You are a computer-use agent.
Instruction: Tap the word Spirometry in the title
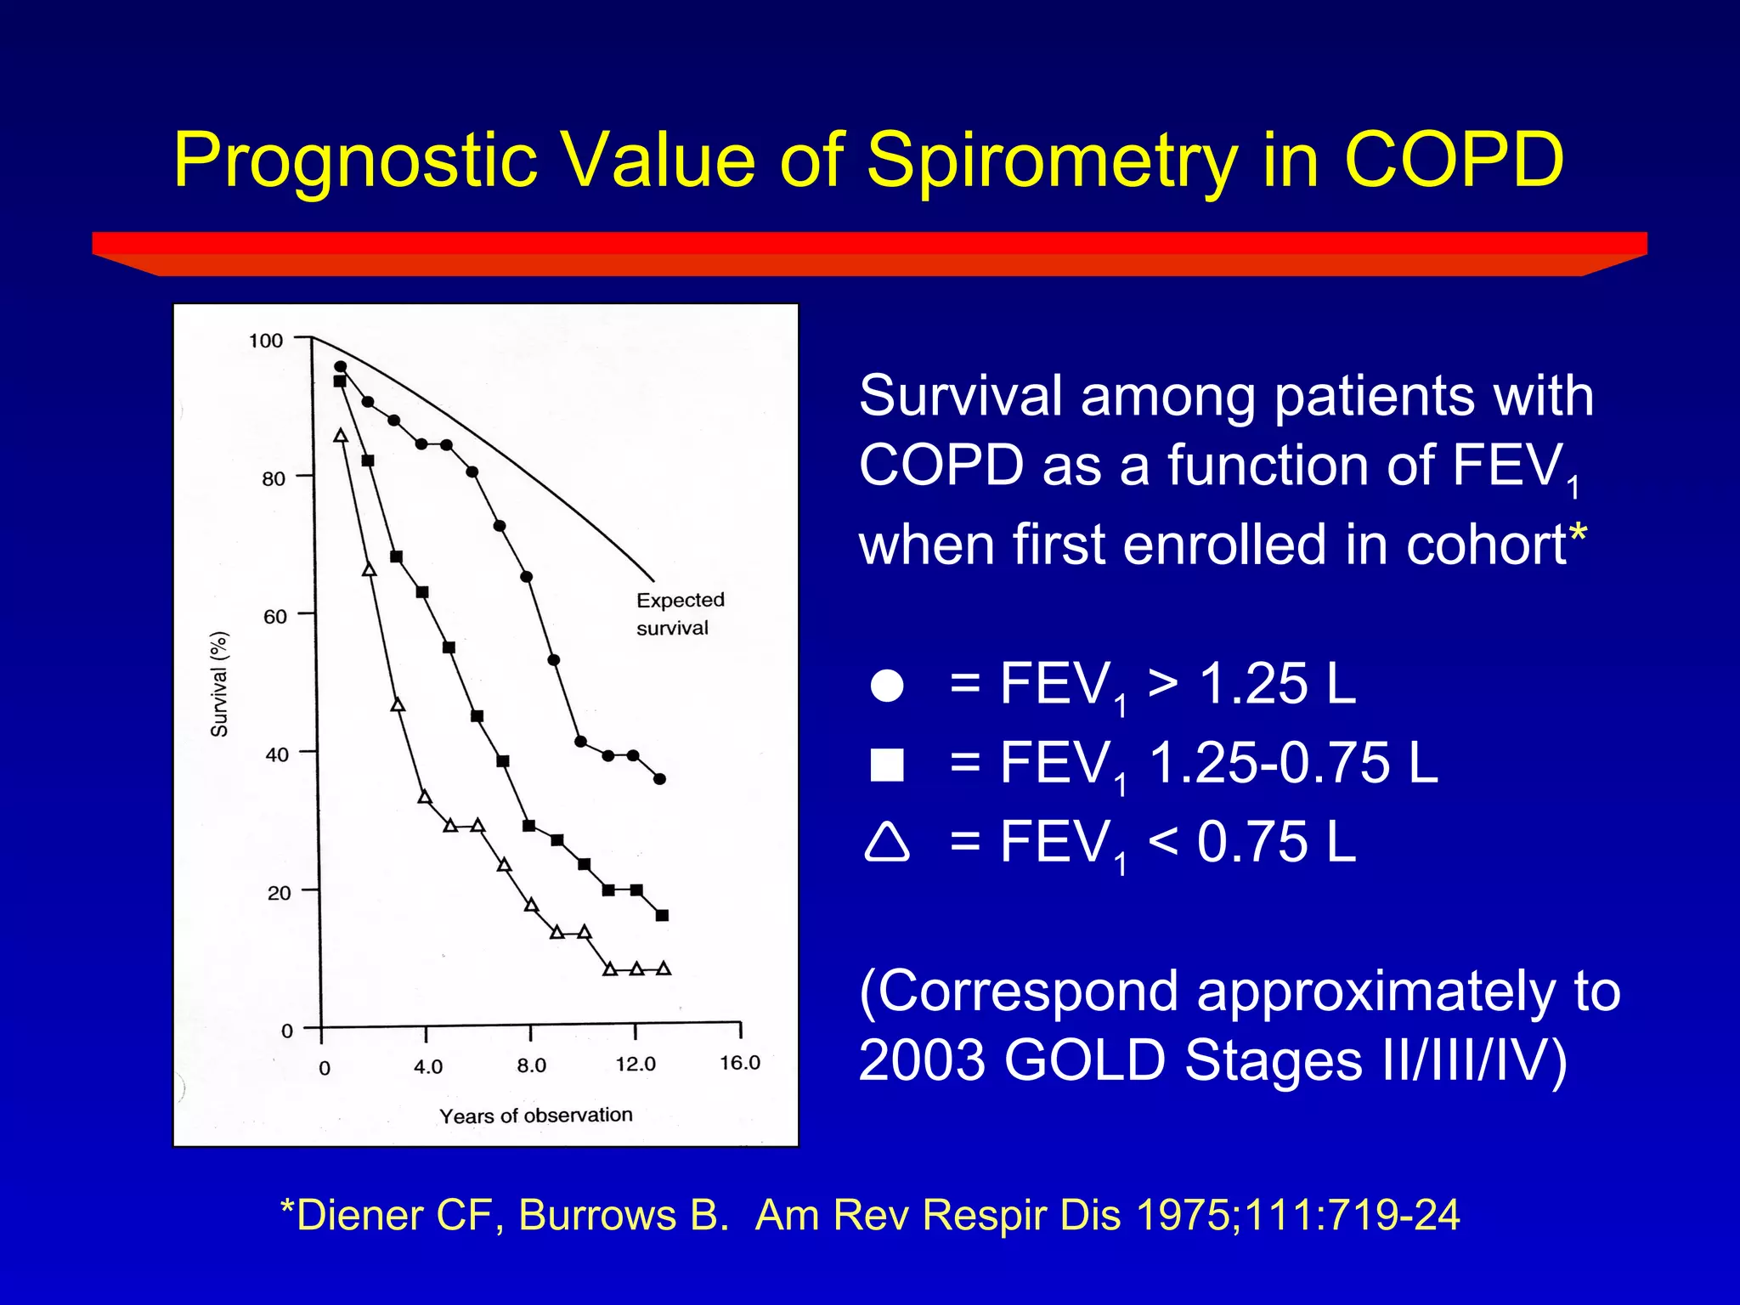[1052, 161]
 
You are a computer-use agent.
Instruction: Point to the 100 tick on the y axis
[266, 341]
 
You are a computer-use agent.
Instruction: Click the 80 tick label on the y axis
[274, 479]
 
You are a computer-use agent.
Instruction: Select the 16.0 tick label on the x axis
[739, 1063]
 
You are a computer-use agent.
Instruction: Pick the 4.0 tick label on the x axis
[428, 1066]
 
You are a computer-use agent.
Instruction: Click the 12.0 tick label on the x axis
[636, 1065]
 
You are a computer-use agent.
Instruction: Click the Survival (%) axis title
[219, 684]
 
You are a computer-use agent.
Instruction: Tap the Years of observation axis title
[535, 1116]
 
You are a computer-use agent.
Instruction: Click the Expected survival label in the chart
[680, 613]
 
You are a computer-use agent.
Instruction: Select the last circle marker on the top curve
[660, 779]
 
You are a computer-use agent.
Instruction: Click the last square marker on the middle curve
[663, 915]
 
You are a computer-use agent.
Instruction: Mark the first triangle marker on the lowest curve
[341, 436]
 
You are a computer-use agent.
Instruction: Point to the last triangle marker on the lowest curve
[664, 969]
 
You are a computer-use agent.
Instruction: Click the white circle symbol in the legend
[887, 686]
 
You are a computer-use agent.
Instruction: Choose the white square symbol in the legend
[887, 765]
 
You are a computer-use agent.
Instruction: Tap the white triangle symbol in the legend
[887, 843]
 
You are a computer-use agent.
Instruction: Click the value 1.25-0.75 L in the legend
[1292, 763]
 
